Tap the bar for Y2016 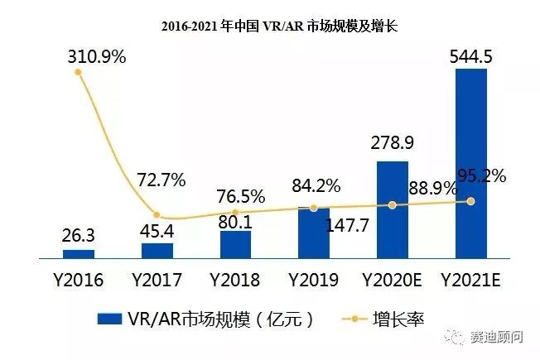[79, 253]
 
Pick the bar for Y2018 [235, 244]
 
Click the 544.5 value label [471, 56]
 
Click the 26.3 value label [79, 236]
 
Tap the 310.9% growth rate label [97, 57]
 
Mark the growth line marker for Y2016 [79, 72]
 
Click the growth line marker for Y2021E [471, 200]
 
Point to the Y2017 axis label [157, 280]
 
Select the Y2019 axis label [314, 280]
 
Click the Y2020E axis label [393, 280]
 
